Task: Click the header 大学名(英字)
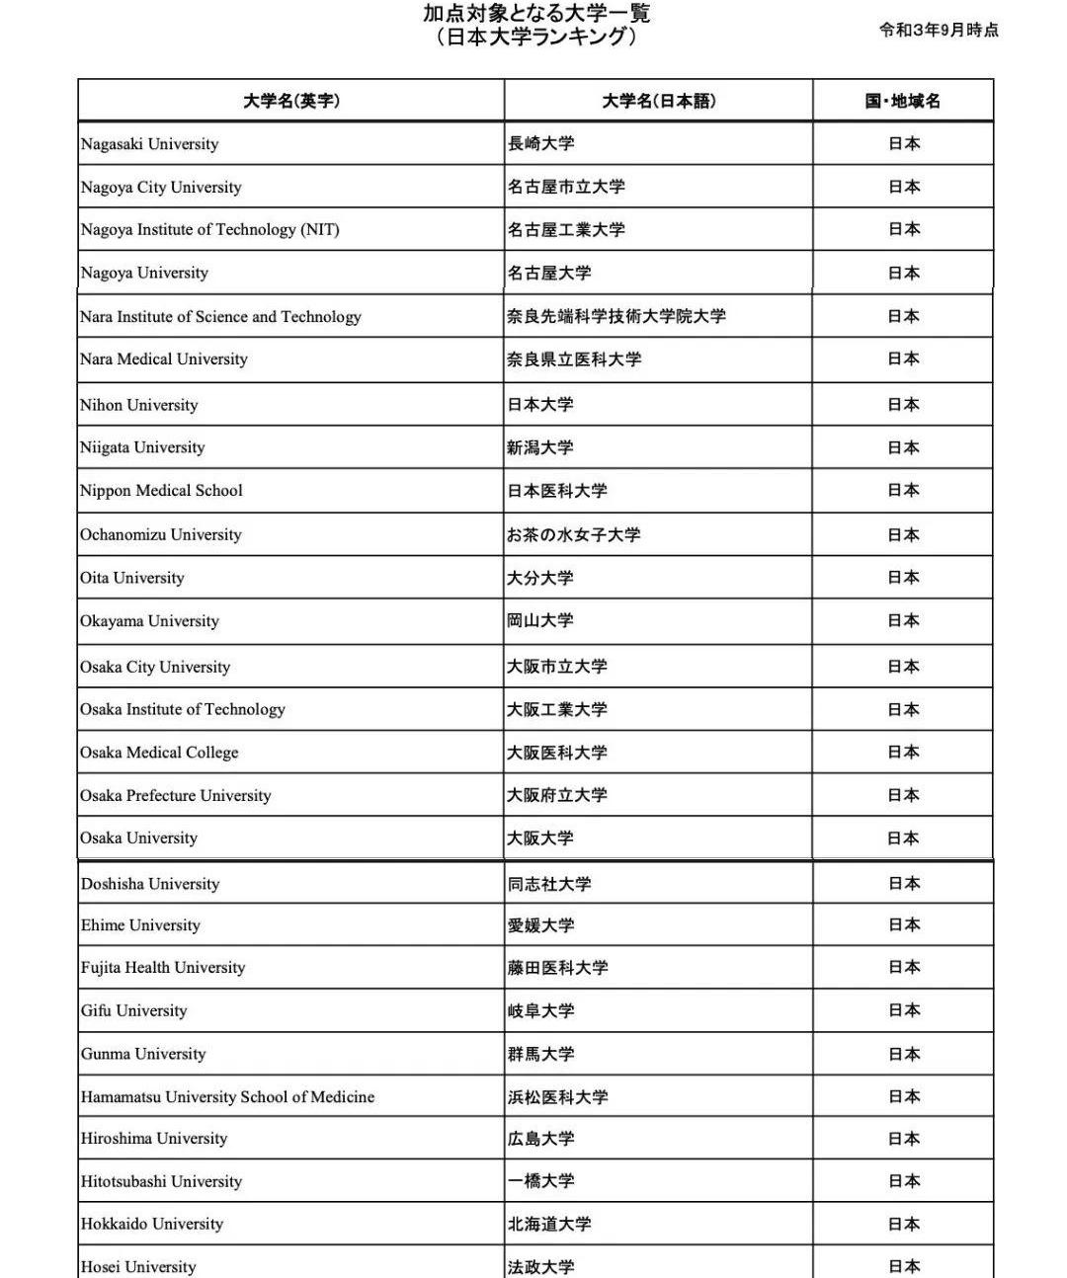(x=290, y=101)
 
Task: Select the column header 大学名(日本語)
(x=659, y=101)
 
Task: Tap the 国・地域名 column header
(x=903, y=101)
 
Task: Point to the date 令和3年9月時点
(x=939, y=30)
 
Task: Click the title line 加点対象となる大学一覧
(x=536, y=14)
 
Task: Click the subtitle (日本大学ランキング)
(x=536, y=38)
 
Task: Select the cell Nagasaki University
(x=149, y=144)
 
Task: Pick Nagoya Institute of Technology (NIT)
(x=209, y=230)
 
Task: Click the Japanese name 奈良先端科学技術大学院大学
(x=616, y=316)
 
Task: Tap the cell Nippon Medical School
(x=161, y=491)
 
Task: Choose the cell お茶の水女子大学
(x=574, y=534)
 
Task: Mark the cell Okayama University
(x=149, y=621)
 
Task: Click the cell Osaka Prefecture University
(x=175, y=796)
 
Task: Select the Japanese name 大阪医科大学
(x=557, y=753)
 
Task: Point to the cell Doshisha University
(x=150, y=884)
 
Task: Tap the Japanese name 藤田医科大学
(x=557, y=968)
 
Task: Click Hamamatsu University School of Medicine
(x=227, y=1097)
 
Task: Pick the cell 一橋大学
(x=540, y=1181)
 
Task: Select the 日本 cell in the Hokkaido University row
(x=904, y=1224)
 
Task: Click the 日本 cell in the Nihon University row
(x=904, y=405)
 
